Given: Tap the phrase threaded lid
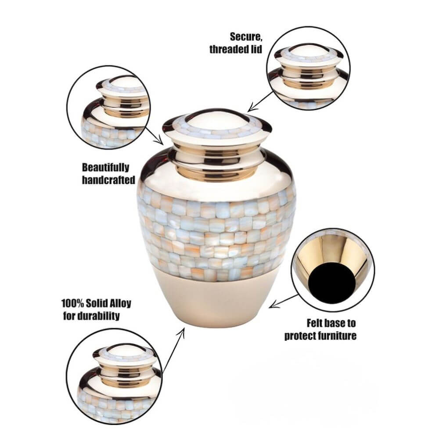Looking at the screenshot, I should coord(236,49).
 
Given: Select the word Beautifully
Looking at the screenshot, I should coord(106,167).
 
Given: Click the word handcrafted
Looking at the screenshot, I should coord(108,180).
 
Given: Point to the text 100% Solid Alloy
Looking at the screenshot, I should coord(96,304).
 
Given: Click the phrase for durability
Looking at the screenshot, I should coord(91,316).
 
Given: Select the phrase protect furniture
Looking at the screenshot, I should coord(320,336).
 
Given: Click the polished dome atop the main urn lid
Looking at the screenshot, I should coord(217,118).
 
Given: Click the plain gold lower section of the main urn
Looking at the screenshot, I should coord(217,299).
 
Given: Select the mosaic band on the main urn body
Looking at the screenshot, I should coord(217,235).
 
